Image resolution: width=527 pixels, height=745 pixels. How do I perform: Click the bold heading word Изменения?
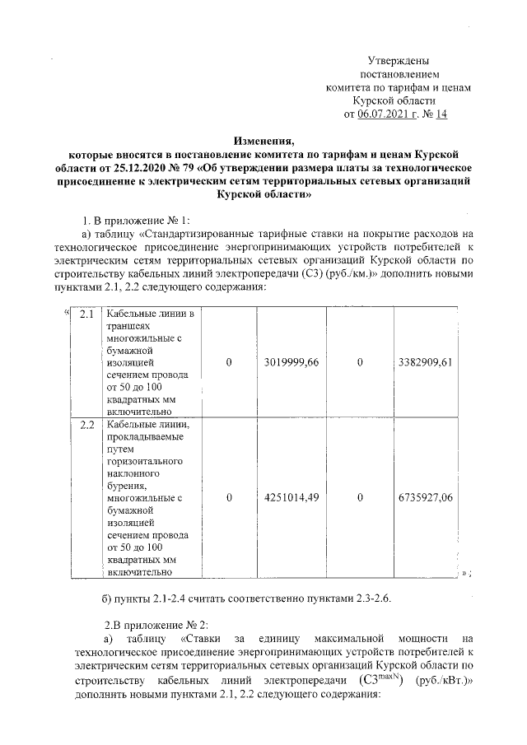263,141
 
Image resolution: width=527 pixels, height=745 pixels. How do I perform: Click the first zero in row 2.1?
229,362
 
